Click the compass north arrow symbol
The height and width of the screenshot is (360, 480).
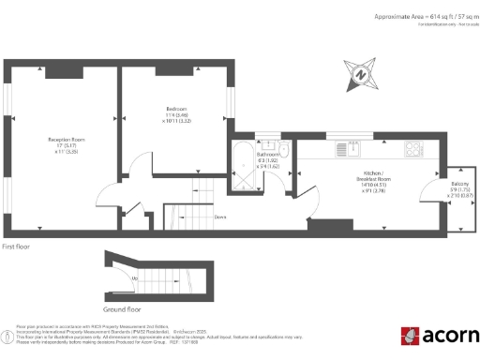pos(362,75)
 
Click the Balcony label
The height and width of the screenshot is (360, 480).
pos(459,183)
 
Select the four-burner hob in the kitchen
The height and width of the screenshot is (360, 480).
pos(412,147)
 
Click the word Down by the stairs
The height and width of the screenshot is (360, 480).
pos(221,217)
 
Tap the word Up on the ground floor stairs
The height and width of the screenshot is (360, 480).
pos(137,277)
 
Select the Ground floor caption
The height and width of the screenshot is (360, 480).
pos(122,307)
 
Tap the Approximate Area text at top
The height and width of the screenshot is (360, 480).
pos(413,17)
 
